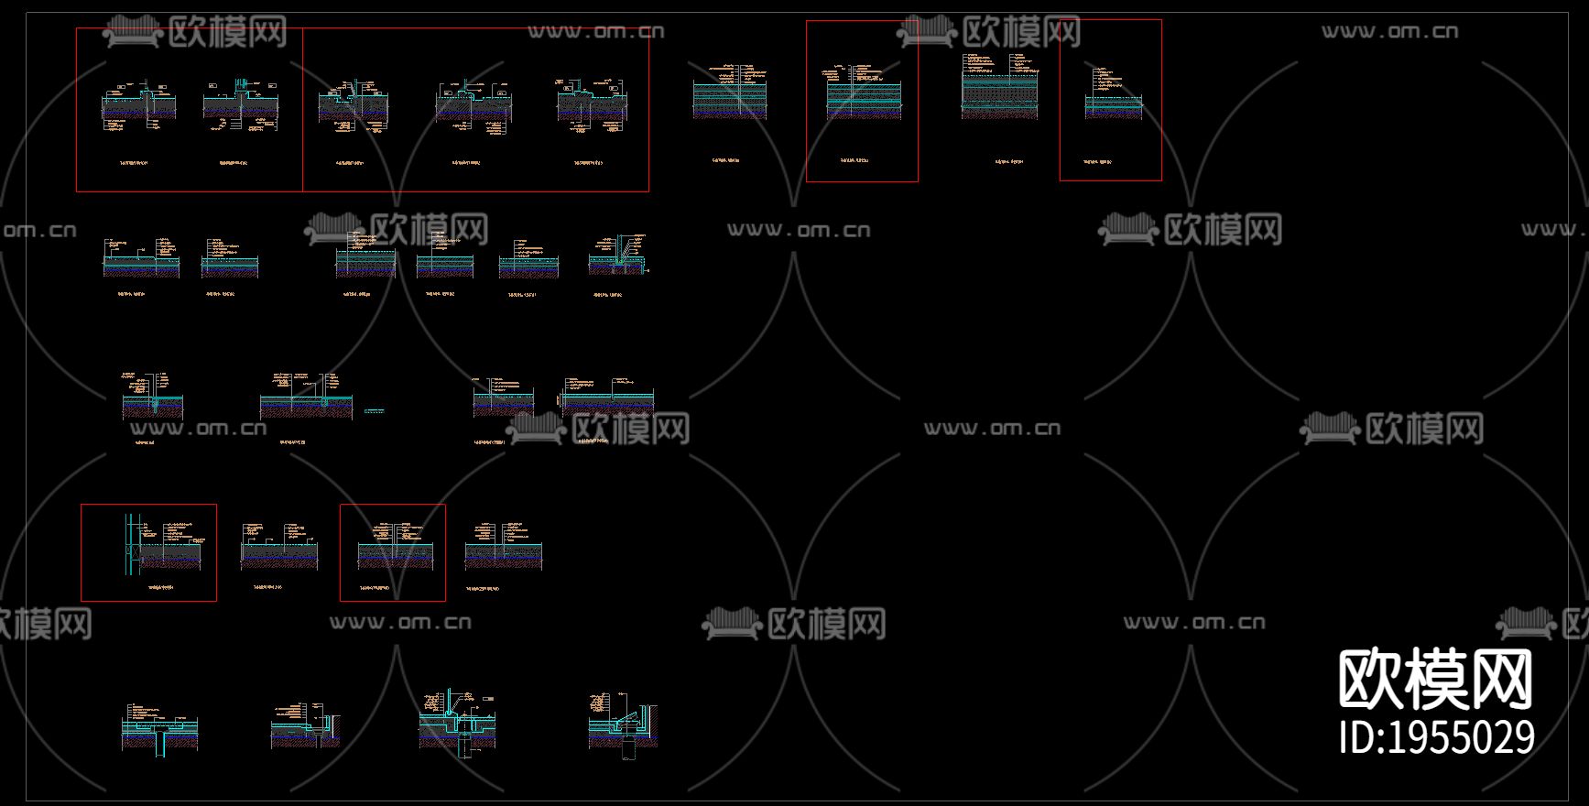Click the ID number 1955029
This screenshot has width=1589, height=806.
[x=1436, y=737]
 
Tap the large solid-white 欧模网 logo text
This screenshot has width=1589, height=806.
[x=1435, y=679]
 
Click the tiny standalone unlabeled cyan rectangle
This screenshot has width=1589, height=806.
[x=374, y=411]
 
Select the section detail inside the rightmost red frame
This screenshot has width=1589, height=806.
[x=1113, y=103]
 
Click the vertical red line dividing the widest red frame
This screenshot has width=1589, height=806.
[x=302, y=110]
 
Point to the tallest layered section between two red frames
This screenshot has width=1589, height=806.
[x=1000, y=88]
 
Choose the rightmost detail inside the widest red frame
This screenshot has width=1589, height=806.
[x=591, y=103]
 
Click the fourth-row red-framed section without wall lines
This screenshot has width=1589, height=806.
[x=394, y=548]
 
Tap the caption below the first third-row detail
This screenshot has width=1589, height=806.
[x=145, y=442]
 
